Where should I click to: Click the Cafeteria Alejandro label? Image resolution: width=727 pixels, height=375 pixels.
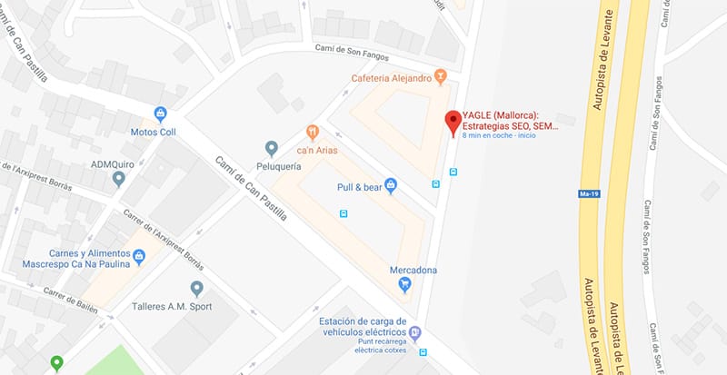coord(391,78)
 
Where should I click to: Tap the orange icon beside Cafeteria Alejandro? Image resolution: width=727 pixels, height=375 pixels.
coord(441,76)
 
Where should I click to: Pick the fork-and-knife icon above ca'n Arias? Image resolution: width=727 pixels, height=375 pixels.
coord(313,133)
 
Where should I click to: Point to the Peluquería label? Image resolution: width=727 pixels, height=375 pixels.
coord(269,169)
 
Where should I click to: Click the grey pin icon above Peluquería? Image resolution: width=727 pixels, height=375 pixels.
coord(270,148)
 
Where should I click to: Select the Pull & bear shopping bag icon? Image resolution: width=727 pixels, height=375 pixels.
coord(391,185)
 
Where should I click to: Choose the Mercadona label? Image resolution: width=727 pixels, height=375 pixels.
coord(413,270)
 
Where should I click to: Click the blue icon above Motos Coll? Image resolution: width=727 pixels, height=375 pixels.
coord(161,114)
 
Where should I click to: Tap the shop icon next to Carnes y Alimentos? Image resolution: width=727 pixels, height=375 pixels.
coord(139,257)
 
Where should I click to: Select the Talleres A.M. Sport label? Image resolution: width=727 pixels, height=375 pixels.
coord(172,306)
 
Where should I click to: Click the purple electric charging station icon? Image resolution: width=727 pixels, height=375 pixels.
coord(415,332)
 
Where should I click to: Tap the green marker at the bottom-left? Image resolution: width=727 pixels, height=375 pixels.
coord(56,364)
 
